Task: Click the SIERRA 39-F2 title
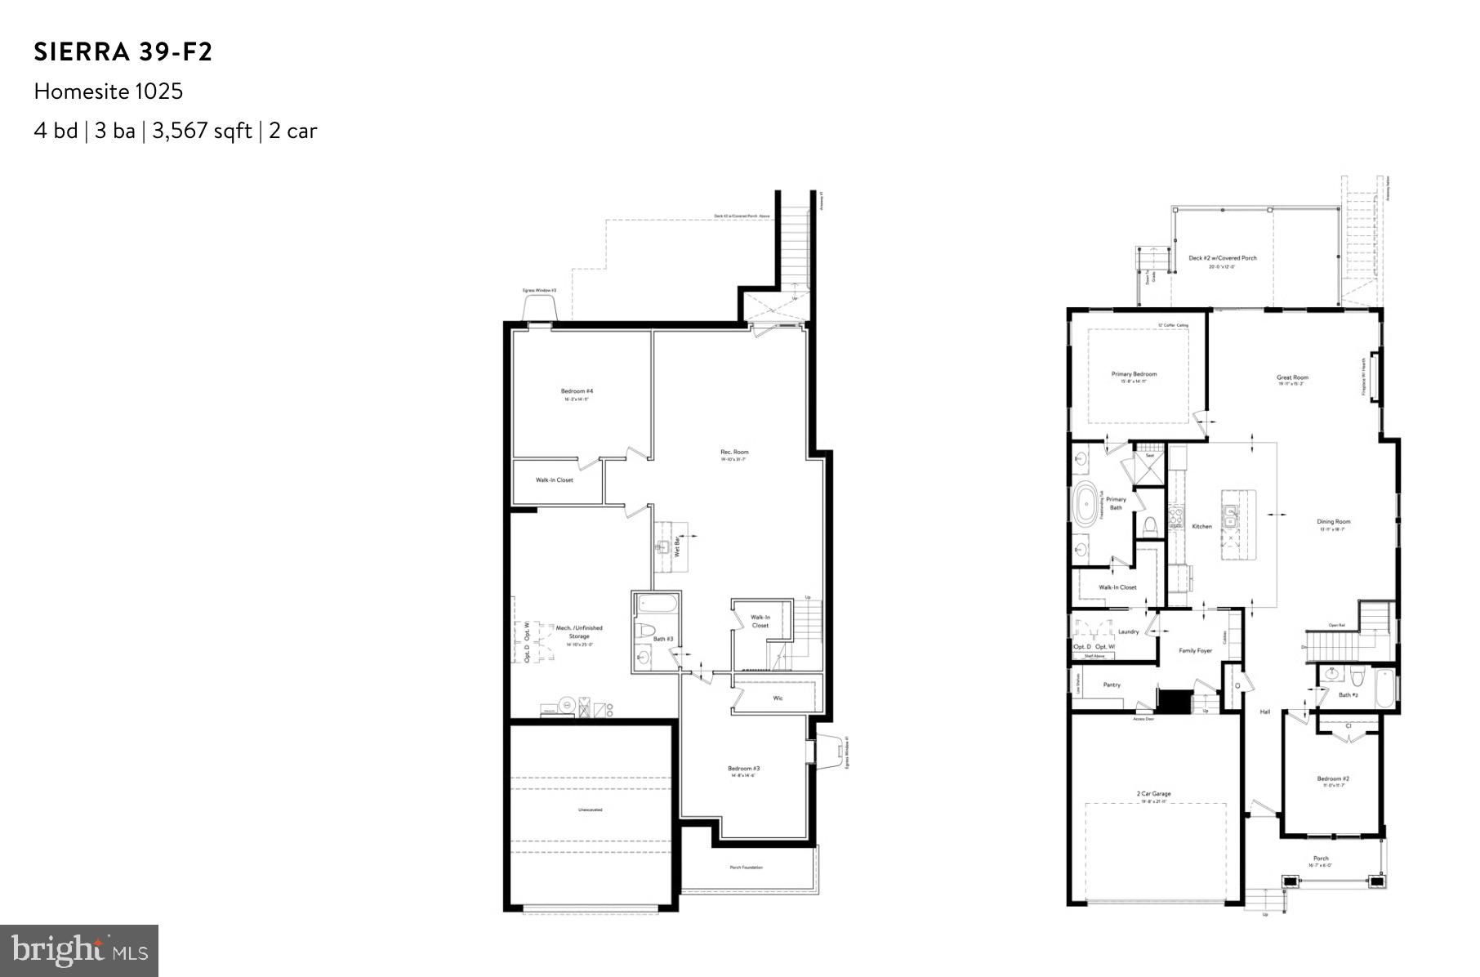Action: (x=123, y=52)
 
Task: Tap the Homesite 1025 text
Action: (x=109, y=91)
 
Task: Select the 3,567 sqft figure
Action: (x=202, y=131)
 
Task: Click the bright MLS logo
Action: (x=79, y=951)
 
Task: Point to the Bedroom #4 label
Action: (x=577, y=391)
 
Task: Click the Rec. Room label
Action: (x=734, y=452)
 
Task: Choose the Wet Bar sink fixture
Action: (x=664, y=545)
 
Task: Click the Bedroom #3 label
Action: (x=744, y=768)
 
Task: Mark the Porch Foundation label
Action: (x=747, y=867)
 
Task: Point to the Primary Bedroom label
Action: (x=1134, y=374)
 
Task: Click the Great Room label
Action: (x=1292, y=377)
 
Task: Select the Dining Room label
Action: (x=1334, y=521)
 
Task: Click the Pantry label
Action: (x=1112, y=685)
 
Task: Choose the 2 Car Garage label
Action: (x=1153, y=793)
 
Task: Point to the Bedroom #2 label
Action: (x=1333, y=778)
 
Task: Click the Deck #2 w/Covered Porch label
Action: (x=1223, y=258)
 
